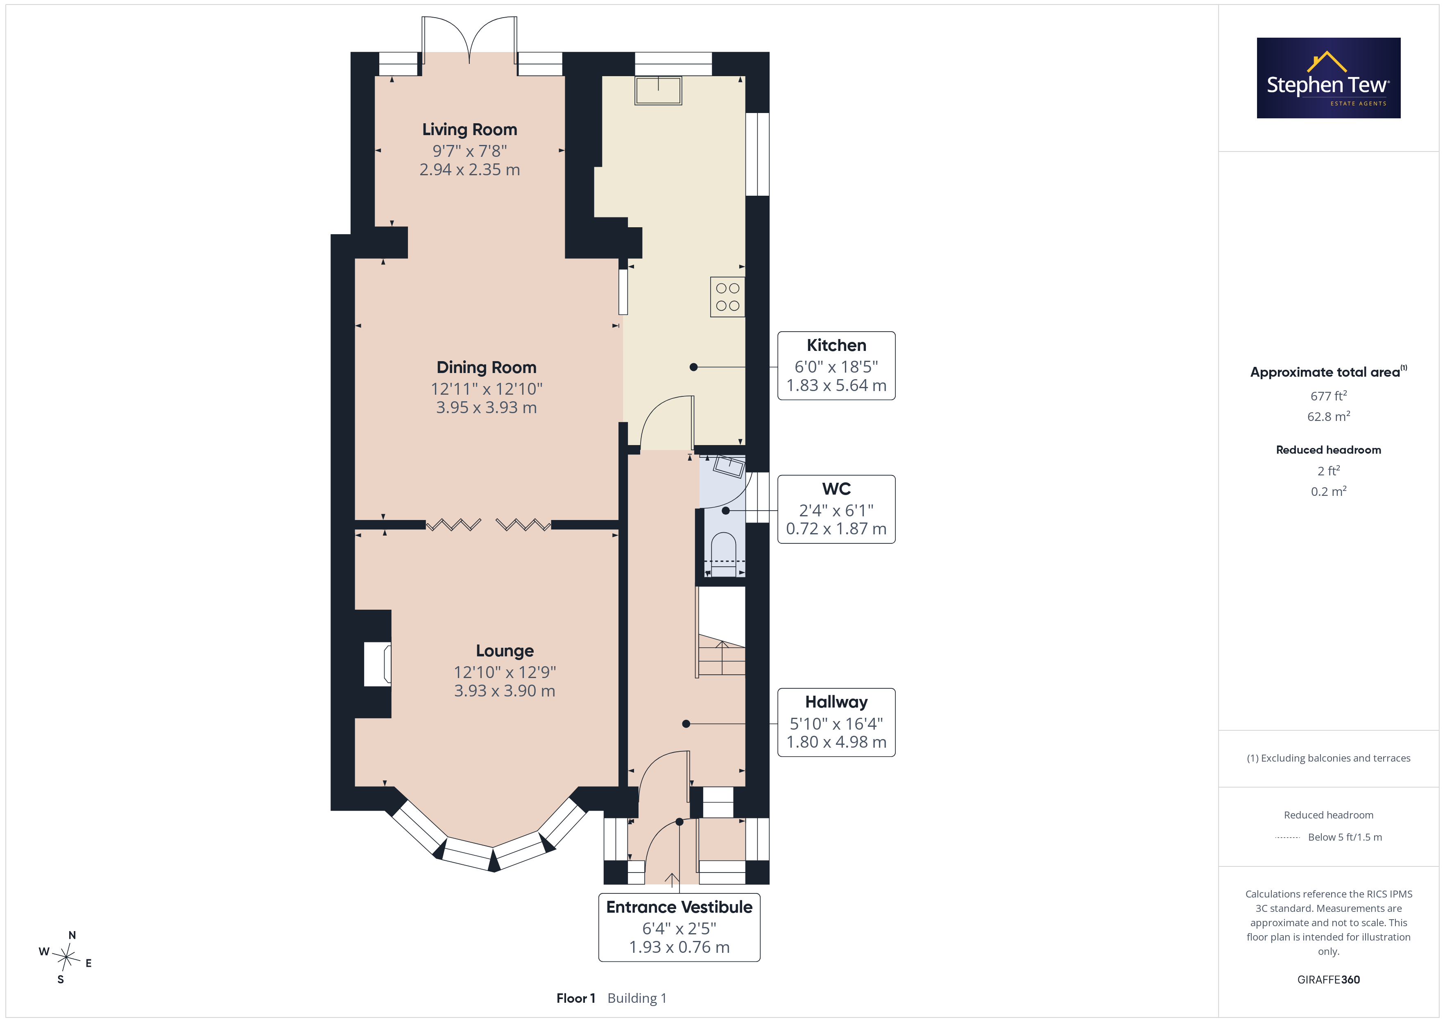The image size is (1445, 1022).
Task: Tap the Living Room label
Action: click(x=469, y=130)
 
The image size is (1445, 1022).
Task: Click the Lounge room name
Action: click(x=505, y=651)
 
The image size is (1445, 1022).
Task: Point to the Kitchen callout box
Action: click(x=836, y=366)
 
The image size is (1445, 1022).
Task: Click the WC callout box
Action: click(x=836, y=509)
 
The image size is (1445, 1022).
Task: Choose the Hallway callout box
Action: click(x=836, y=722)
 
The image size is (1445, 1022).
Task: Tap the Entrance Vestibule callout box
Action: click(x=679, y=927)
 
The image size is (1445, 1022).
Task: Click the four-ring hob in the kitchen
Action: click(x=727, y=297)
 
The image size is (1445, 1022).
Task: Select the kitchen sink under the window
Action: click(x=658, y=90)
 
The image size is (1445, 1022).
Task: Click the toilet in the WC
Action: click(x=724, y=554)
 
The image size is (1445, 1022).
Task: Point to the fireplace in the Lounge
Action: click(x=378, y=664)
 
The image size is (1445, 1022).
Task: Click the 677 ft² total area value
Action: click(x=1329, y=396)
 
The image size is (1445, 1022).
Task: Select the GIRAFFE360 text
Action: click(x=1329, y=980)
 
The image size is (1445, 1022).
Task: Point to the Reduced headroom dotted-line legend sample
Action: click(x=1288, y=838)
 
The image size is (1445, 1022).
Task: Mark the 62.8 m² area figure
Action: click(x=1329, y=416)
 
